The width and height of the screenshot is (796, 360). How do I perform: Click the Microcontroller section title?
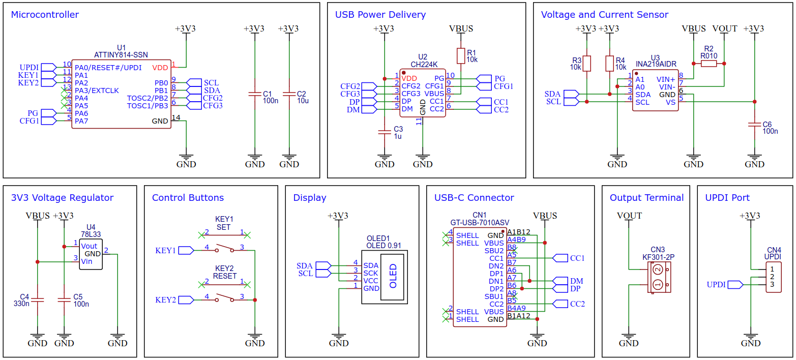click(x=45, y=15)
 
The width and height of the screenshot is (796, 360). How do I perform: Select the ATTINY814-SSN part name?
click(x=121, y=55)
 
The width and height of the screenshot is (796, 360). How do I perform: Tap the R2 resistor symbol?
click(x=709, y=64)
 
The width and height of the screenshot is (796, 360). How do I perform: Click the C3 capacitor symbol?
click(x=385, y=132)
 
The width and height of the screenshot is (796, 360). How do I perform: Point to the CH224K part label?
click(x=424, y=65)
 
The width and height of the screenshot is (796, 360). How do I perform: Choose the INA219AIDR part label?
click(x=656, y=64)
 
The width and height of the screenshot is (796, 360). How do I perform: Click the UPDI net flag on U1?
click(x=49, y=67)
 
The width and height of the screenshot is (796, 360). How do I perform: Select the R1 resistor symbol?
click(x=461, y=56)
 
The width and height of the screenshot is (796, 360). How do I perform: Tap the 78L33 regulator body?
click(x=91, y=254)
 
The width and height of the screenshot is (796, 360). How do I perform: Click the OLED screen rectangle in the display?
click(x=392, y=277)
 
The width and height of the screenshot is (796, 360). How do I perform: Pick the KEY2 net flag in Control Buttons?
click(x=186, y=300)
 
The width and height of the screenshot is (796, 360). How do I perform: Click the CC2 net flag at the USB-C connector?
click(x=560, y=304)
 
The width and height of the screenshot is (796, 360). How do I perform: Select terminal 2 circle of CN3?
click(x=658, y=269)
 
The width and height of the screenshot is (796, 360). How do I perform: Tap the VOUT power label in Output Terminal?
click(x=629, y=216)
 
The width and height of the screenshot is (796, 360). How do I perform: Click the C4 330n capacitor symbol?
click(x=37, y=301)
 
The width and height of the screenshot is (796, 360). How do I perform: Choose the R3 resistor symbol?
click(x=586, y=64)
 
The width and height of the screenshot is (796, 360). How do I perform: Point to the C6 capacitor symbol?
click(x=754, y=125)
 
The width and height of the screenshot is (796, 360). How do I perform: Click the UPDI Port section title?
click(x=727, y=198)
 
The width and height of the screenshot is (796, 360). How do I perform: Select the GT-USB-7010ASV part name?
click(x=480, y=223)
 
